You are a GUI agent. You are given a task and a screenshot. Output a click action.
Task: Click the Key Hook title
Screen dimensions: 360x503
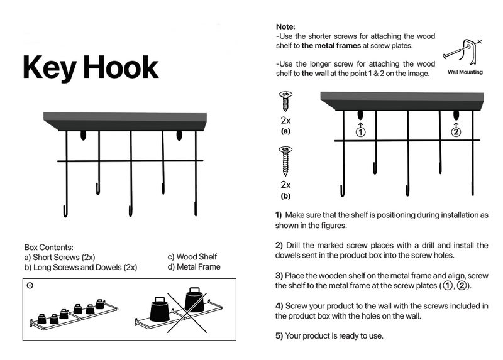90,67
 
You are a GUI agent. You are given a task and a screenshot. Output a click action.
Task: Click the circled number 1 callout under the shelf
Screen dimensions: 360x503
360,132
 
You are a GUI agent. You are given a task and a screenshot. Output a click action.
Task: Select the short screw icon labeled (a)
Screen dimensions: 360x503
285,101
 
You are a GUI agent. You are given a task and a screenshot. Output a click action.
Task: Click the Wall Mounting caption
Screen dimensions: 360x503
465,72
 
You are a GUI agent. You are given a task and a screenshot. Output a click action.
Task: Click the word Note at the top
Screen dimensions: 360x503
285,26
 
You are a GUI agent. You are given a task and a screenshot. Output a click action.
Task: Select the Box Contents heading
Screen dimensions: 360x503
49,248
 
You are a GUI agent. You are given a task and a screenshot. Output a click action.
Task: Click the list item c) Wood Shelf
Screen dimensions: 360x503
192,257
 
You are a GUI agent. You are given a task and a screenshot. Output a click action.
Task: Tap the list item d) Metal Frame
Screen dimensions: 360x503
194,267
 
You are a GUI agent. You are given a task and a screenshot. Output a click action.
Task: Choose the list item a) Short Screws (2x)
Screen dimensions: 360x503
60,257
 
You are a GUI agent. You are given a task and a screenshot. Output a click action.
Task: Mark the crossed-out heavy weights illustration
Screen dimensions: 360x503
182,308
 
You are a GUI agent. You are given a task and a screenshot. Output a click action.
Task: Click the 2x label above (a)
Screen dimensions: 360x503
285,119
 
